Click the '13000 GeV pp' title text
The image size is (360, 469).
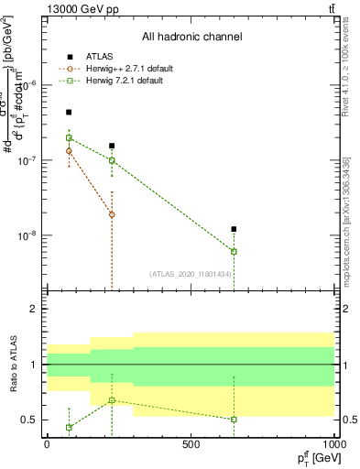(81, 8)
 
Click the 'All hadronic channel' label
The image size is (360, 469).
(191, 37)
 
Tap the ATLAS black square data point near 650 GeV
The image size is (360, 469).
(235, 229)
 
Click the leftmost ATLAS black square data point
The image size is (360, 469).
(69, 112)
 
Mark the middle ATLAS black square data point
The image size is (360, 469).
(112, 146)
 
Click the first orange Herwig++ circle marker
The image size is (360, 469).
(69, 151)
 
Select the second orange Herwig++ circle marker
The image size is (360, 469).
(112, 214)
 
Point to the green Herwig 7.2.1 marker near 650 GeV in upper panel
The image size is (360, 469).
(235, 251)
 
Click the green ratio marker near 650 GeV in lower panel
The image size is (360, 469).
(235, 420)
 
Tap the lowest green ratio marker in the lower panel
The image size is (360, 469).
(69, 428)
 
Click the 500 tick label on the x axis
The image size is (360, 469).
(191, 445)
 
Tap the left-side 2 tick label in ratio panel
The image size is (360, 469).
(33, 310)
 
